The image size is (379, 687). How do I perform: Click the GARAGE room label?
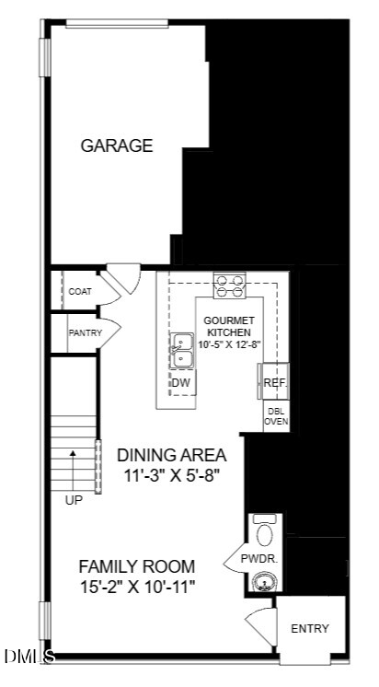[117, 146]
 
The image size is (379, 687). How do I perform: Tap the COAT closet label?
[81, 291]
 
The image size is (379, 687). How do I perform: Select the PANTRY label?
[86, 333]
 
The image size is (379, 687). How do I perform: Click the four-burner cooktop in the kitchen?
[230, 285]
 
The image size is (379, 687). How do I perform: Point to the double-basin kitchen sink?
[182, 351]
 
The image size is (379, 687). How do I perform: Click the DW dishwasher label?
[180, 383]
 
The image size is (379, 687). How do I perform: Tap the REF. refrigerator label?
[276, 382]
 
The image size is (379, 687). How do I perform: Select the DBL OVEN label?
[277, 416]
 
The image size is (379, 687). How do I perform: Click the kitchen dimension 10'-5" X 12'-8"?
[230, 344]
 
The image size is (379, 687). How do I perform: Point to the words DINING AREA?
[172, 455]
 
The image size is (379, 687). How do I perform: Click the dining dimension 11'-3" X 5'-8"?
[172, 476]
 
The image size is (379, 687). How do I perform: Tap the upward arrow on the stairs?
[73, 466]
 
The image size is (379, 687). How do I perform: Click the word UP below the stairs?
[74, 500]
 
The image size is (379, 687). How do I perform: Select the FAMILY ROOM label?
[137, 566]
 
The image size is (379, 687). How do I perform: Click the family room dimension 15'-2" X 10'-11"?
[137, 587]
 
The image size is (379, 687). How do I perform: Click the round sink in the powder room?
[264, 582]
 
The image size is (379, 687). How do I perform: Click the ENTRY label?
[310, 629]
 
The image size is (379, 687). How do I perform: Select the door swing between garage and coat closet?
[125, 277]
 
